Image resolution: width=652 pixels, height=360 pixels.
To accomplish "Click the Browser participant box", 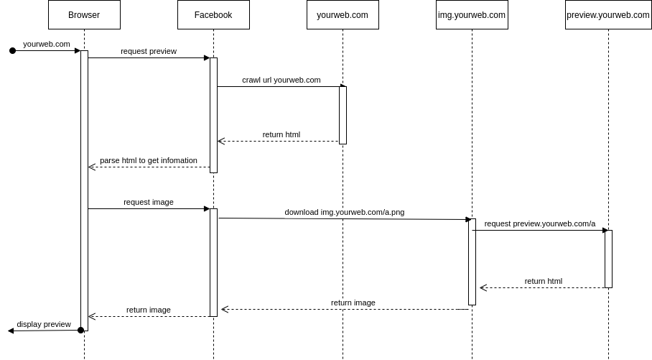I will pos(84,15).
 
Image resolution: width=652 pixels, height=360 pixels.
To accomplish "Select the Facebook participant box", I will pos(213,15).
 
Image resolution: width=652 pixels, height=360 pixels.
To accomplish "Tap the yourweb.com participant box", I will pos(343,15).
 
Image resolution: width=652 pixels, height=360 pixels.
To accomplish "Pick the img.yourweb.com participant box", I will pos(472,15).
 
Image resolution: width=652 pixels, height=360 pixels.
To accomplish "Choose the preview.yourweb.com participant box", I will pos(608,15).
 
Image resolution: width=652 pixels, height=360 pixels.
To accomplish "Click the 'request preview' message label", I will pos(149,51).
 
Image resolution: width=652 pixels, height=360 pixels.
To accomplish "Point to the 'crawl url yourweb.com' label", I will pos(281,80).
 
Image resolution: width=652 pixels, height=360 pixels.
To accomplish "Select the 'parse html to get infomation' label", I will pos(149,160).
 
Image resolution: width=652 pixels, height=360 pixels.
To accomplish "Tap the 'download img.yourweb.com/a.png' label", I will pos(345,212).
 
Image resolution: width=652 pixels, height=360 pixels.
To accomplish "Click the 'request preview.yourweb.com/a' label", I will pos(540,223).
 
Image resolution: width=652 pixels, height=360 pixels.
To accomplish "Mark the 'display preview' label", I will pos(44,324).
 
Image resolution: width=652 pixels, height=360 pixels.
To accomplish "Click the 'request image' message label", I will pos(149,202).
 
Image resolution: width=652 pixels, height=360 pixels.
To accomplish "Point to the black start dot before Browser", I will pos(12,50).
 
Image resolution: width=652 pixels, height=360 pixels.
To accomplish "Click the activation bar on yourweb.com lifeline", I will pos(343,115).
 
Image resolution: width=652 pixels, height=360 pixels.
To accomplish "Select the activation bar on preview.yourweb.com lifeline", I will pos(608,259).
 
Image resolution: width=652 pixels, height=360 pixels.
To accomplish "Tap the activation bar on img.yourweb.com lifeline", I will pos(472,262).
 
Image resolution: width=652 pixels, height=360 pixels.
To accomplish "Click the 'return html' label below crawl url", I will pos(281,134).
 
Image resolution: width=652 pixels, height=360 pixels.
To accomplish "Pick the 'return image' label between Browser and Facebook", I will pos(149,310).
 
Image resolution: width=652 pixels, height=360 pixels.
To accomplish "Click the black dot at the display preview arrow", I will pos(81,331).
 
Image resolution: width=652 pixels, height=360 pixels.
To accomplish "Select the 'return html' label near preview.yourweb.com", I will pos(544,281).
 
